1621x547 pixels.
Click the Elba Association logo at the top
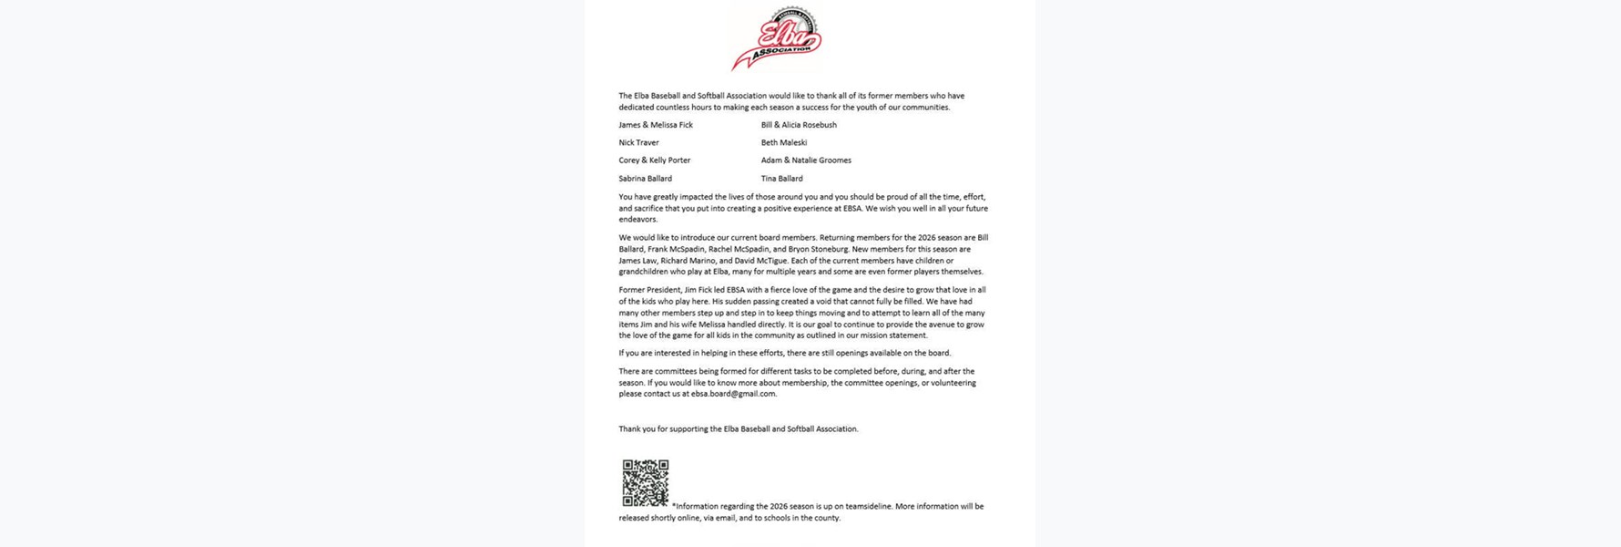(x=777, y=38)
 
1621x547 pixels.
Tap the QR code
(x=645, y=483)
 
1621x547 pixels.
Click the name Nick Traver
(x=638, y=143)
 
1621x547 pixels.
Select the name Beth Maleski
(x=783, y=143)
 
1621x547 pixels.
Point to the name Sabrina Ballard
(x=645, y=179)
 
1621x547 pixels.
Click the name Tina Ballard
(x=781, y=179)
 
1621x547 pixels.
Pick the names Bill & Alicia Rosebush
(x=799, y=125)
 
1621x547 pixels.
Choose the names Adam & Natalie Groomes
(x=806, y=160)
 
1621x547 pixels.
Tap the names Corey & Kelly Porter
(x=654, y=160)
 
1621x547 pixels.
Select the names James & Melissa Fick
(x=656, y=125)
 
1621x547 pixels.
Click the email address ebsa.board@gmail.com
(x=733, y=394)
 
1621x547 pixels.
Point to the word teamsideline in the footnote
(x=868, y=506)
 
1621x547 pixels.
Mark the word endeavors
(x=637, y=220)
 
